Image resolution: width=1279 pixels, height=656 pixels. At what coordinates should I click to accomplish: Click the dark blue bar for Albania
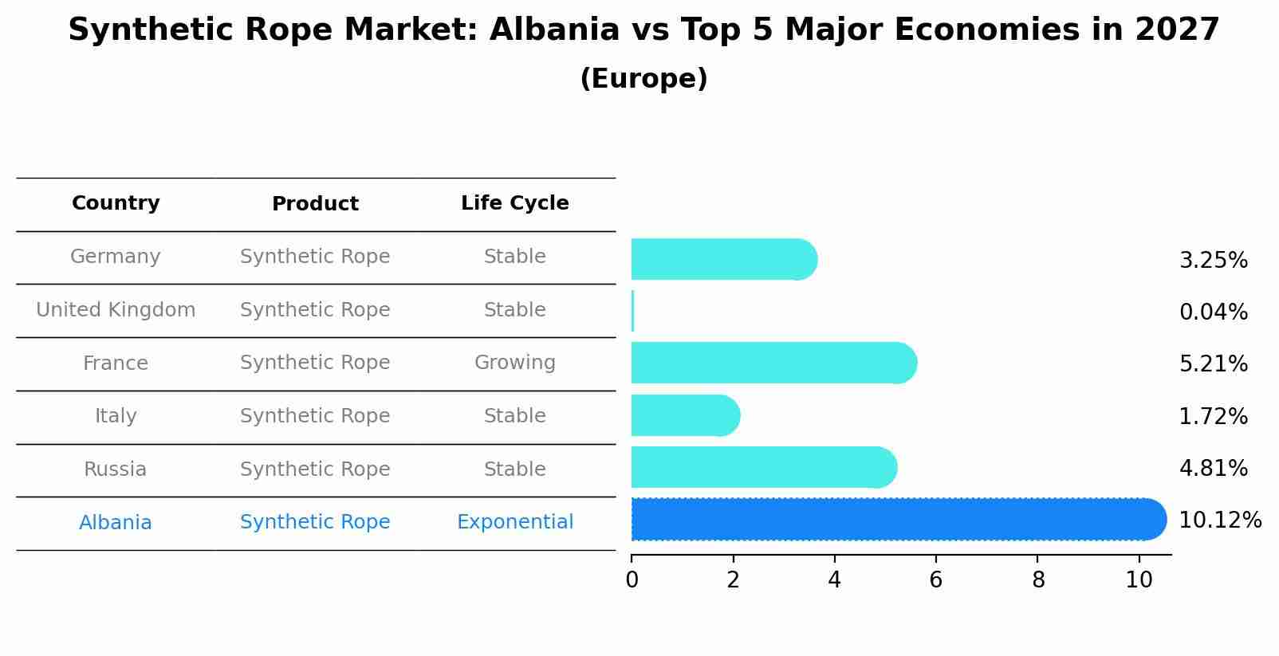click(x=897, y=520)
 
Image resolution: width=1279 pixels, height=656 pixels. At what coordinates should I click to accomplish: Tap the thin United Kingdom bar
click(x=632, y=311)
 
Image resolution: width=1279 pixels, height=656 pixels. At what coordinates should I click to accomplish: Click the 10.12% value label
click(x=1219, y=520)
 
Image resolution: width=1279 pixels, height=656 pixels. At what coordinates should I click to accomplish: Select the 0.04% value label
click(x=1213, y=312)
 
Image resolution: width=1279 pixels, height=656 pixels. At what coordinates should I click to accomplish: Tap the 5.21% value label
click(x=1213, y=364)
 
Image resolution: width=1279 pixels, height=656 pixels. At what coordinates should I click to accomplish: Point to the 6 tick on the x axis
click(x=936, y=580)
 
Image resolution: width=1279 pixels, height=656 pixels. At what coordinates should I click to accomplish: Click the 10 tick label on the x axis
click(x=1139, y=580)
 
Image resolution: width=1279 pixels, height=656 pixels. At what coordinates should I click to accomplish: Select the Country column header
click(x=116, y=203)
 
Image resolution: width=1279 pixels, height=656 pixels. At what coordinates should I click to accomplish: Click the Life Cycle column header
click(x=514, y=203)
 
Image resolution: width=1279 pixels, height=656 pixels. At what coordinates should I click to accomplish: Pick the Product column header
click(x=315, y=204)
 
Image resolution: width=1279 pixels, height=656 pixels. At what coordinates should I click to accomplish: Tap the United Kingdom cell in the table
click(x=116, y=310)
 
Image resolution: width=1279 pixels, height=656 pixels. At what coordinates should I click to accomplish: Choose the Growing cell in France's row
click(x=514, y=363)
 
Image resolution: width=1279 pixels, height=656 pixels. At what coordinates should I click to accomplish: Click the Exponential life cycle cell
click(x=514, y=522)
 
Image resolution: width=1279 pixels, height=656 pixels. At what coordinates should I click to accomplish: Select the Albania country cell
click(x=116, y=523)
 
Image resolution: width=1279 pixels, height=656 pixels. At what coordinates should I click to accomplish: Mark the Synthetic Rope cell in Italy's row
click(x=315, y=416)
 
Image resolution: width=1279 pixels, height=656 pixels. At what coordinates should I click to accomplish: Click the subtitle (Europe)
click(x=643, y=79)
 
